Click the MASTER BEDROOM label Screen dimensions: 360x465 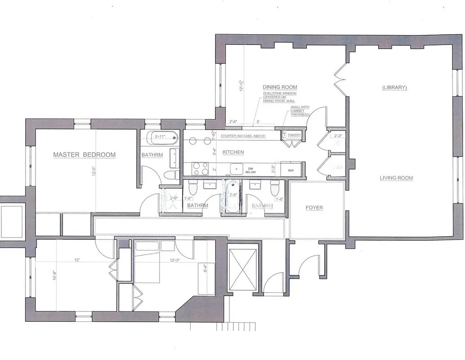[84, 155]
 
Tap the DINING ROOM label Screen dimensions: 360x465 [280, 87]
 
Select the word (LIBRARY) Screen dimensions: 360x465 [394, 87]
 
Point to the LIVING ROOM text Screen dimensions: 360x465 [396, 178]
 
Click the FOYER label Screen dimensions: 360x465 [314, 208]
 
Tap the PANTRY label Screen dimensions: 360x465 [294, 135]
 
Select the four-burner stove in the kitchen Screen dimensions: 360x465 [200, 169]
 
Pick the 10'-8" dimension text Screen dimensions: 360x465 [54, 274]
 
